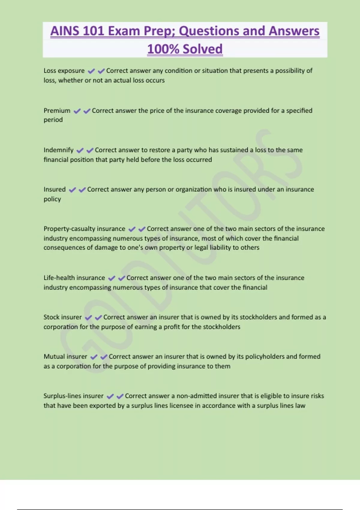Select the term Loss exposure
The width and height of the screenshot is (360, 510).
click(x=64, y=71)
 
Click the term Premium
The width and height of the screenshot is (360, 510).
click(x=57, y=111)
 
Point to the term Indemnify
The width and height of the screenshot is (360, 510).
click(x=58, y=150)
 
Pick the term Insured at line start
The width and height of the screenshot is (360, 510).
click(x=54, y=190)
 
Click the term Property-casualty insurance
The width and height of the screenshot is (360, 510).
click(x=84, y=229)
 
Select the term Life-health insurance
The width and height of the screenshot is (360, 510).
click(x=74, y=278)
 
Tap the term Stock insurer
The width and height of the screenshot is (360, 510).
click(x=62, y=317)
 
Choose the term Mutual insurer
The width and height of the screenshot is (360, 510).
click(x=65, y=357)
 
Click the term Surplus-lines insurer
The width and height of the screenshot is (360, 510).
click(x=73, y=396)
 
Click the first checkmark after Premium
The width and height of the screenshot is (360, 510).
click(x=77, y=111)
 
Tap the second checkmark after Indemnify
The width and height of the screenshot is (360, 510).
click(x=90, y=150)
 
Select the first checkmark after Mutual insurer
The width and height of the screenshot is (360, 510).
click(x=94, y=357)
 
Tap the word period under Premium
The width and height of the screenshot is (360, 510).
click(x=53, y=120)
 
